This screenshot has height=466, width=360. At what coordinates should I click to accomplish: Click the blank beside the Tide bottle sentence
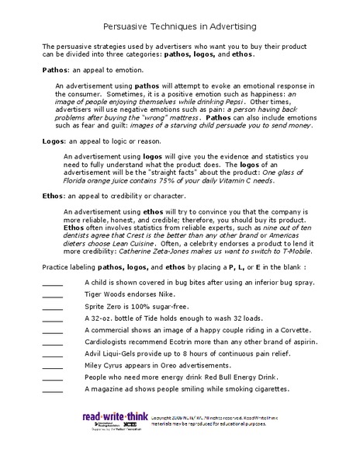pos(52,325)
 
